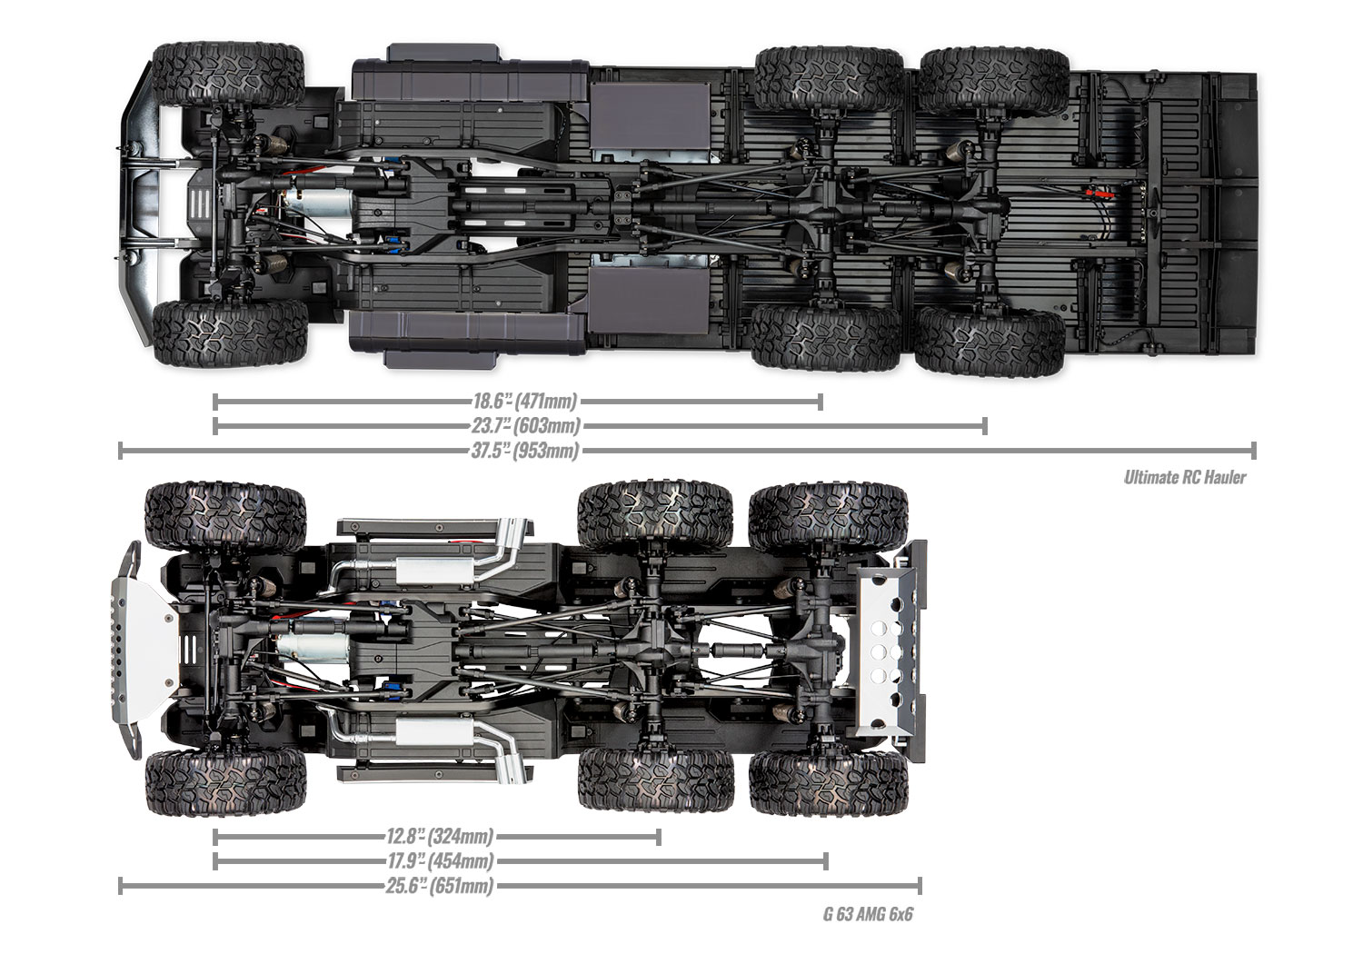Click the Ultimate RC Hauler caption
click(x=1184, y=476)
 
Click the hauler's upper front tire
click(x=227, y=75)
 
